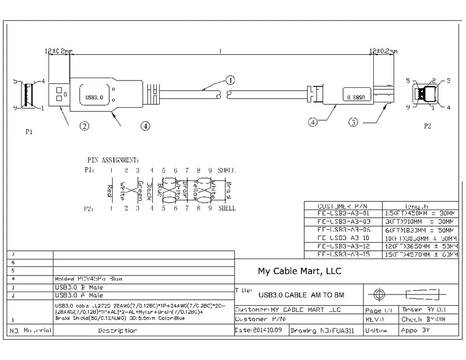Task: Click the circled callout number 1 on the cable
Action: [230, 80]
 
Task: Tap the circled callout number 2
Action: [84, 126]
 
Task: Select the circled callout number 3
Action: [354, 122]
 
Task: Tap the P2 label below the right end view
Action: [427, 126]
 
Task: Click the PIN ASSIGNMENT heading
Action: [113, 160]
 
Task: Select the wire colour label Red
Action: [110, 190]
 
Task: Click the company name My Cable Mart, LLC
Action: [299, 271]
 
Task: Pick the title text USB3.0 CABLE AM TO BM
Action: [302, 295]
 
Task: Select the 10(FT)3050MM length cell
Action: [420, 238]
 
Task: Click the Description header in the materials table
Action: [117, 330]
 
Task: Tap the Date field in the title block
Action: [261, 330]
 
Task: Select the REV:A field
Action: [375, 320]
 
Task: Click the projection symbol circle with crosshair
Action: [380, 295]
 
